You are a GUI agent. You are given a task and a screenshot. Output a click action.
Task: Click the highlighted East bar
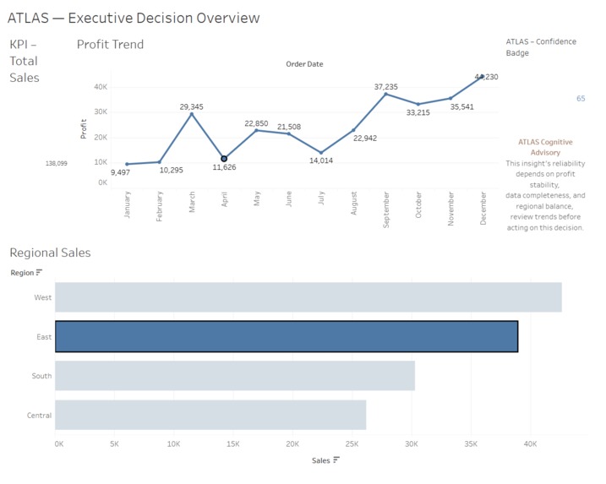(x=287, y=336)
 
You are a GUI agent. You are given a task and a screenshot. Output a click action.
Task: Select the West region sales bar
(x=308, y=297)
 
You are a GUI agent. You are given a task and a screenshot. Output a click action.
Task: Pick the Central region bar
(x=210, y=415)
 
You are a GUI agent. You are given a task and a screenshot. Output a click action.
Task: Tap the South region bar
(x=235, y=376)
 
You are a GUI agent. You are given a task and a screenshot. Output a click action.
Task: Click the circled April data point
(x=224, y=159)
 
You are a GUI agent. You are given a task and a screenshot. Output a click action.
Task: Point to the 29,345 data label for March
(x=191, y=107)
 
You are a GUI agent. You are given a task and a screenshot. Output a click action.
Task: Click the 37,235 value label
(x=385, y=87)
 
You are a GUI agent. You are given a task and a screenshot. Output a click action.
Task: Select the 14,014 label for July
(x=321, y=160)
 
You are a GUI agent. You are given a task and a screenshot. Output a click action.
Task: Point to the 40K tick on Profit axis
(x=101, y=87)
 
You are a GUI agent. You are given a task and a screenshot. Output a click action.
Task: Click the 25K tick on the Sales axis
(x=352, y=443)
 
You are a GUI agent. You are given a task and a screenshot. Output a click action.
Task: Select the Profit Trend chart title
(x=110, y=45)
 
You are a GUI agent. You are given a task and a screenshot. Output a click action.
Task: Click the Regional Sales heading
(x=50, y=253)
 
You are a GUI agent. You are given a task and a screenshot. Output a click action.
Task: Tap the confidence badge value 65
(x=581, y=99)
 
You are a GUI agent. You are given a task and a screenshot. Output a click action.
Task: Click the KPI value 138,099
(x=57, y=163)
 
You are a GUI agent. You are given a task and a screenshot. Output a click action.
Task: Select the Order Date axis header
(x=304, y=64)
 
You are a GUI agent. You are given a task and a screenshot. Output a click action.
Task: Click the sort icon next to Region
(x=39, y=273)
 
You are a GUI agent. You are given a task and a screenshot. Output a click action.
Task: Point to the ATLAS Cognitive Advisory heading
(x=545, y=147)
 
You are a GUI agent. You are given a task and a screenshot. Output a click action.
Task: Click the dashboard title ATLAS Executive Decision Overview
(x=134, y=18)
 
